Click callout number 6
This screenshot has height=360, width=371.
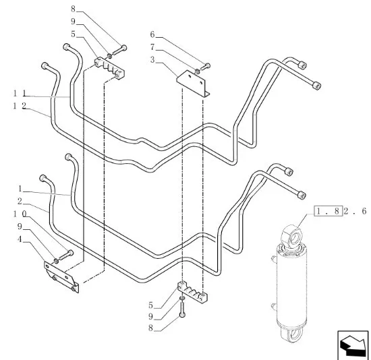click(152, 34)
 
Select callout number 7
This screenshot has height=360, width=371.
click(152, 47)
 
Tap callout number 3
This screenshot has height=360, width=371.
click(152, 60)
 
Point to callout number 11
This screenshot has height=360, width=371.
click(20, 94)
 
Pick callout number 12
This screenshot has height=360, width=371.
click(20, 106)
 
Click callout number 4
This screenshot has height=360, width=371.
click(20, 239)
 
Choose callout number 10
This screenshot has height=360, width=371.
click(20, 214)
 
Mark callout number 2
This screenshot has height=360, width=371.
click(20, 202)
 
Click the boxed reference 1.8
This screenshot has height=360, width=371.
click(328, 211)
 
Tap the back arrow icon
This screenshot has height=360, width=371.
click(353, 345)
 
